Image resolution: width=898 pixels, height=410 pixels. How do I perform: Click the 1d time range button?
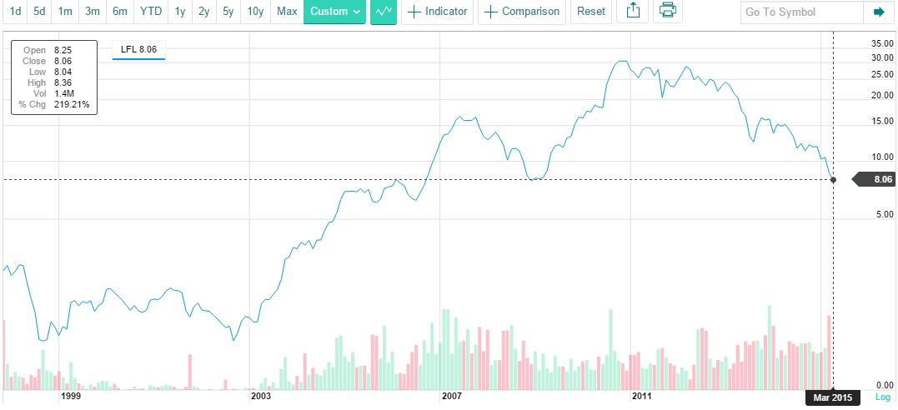(x=15, y=12)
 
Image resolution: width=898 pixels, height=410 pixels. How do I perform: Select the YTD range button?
(x=151, y=12)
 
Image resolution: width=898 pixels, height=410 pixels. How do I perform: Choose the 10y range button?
(x=255, y=12)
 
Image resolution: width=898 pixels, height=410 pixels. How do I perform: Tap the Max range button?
(x=287, y=12)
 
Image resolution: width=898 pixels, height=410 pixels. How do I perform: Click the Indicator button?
(x=438, y=12)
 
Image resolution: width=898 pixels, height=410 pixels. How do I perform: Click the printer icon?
(x=667, y=12)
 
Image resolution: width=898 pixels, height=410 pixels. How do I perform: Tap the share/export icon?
(x=632, y=12)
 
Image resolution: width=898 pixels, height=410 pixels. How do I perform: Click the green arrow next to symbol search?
(x=878, y=12)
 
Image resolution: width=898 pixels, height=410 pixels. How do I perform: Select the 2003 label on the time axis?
(x=261, y=397)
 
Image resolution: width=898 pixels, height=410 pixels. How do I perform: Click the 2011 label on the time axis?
(x=641, y=397)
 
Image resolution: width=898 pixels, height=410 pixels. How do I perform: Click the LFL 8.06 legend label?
(x=138, y=50)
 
